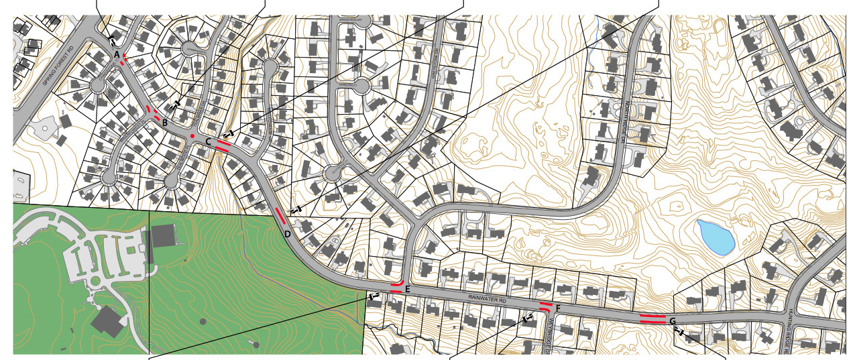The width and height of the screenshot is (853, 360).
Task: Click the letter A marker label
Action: [x=117, y=54]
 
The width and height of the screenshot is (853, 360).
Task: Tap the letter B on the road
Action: [x=164, y=123]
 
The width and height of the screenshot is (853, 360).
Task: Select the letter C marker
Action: [x=209, y=142]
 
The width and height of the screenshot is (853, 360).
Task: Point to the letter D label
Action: [x=287, y=234]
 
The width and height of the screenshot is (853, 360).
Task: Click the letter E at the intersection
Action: [x=407, y=289]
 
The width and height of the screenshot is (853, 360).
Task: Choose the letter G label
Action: [x=672, y=322]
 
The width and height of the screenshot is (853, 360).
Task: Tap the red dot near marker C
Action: [x=192, y=137]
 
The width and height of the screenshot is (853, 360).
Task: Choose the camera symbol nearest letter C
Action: [x=229, y=135]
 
